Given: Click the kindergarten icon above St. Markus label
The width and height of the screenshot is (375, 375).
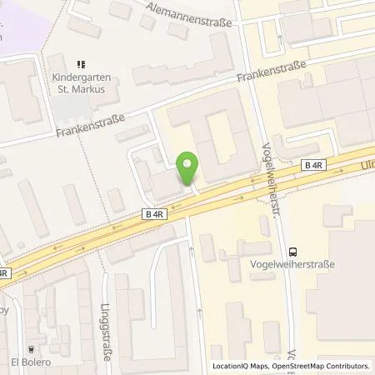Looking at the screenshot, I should coord(81,63).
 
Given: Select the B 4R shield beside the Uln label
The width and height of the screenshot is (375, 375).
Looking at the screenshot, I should coord(312,167).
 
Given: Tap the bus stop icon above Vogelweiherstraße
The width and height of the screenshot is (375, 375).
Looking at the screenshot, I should coord(292,250).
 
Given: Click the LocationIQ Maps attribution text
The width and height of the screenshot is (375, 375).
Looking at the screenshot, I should coord(242,366).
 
